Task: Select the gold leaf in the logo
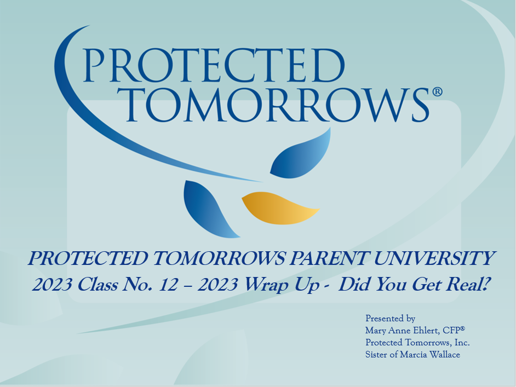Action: [279, 207]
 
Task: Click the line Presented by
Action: [390, 319]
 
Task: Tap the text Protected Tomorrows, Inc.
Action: [417, 343]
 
